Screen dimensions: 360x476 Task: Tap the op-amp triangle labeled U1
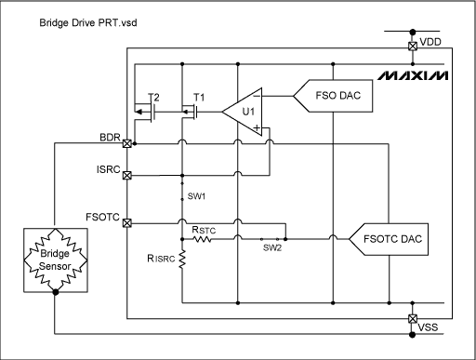click(243, 113)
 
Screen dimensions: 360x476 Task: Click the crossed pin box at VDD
click(413, 45)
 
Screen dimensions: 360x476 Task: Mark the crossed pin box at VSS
click(413, 319)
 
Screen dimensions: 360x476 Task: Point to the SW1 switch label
click(195, 197)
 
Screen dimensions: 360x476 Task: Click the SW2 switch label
click(271, 247)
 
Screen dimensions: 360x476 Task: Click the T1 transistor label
click(198, 96)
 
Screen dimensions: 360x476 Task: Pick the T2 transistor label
click(153, 96)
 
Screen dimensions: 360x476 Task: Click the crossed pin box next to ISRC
click(126, 175)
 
